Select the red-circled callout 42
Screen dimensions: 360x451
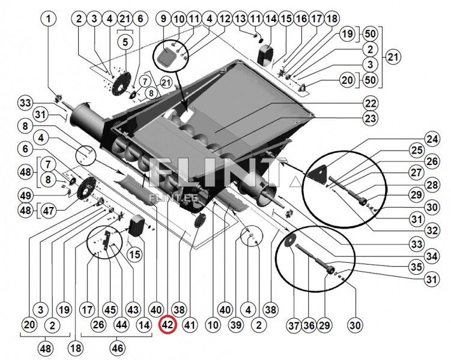point(168,325)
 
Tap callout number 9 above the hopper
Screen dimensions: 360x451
point(162,19)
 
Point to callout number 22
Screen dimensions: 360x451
point(370,103)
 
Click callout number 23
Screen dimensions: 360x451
point(370,118)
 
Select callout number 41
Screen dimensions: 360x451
point(190,326)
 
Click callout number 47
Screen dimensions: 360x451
point(50,211)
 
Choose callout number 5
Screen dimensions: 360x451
point(125,43)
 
